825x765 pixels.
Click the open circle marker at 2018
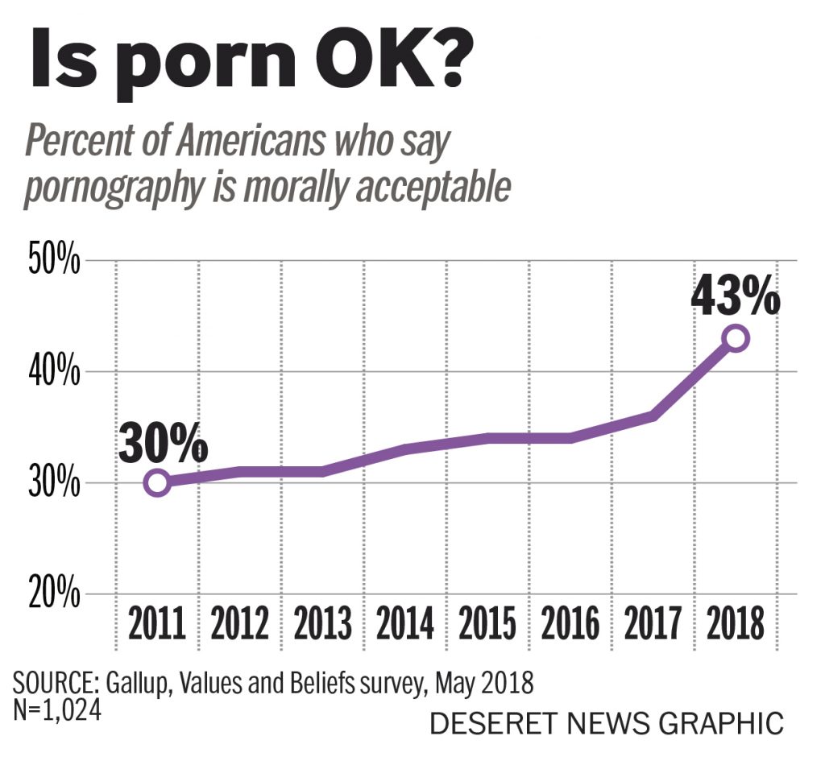click(x=735, y=338)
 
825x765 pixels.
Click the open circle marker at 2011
click(x=157, y=483)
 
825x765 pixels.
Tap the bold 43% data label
click(x=735, y=297)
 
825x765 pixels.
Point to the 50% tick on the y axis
click(x=55, y=262)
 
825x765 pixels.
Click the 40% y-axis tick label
click(x=55, y=373)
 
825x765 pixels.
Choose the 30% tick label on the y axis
click(x=55, y=484)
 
